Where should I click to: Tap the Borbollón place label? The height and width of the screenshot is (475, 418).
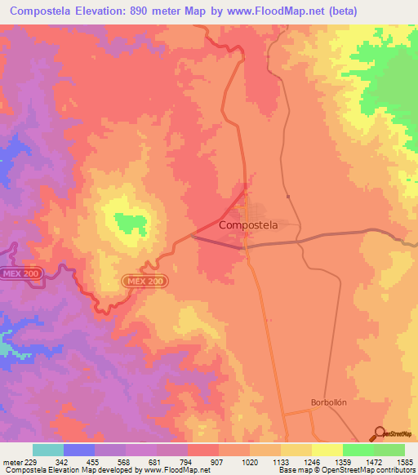coord(330,402)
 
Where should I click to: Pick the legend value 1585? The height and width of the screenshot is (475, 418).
coord(402,461)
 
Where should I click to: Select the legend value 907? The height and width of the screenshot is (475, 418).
coord(218,461)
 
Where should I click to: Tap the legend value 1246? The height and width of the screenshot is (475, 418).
coord(310,461)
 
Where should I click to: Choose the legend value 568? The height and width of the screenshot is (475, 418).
coord(125,461)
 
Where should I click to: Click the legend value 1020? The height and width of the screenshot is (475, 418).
coord(248,461)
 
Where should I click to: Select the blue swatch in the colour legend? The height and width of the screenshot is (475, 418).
coord(79,450)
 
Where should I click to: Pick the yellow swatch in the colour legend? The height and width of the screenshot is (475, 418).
coord(327,450)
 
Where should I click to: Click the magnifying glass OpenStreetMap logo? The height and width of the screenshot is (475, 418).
coord(378,433)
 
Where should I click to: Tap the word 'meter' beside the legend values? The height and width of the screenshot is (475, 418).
coord(12,461)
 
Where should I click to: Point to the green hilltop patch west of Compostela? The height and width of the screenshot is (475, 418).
coord(130,220)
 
